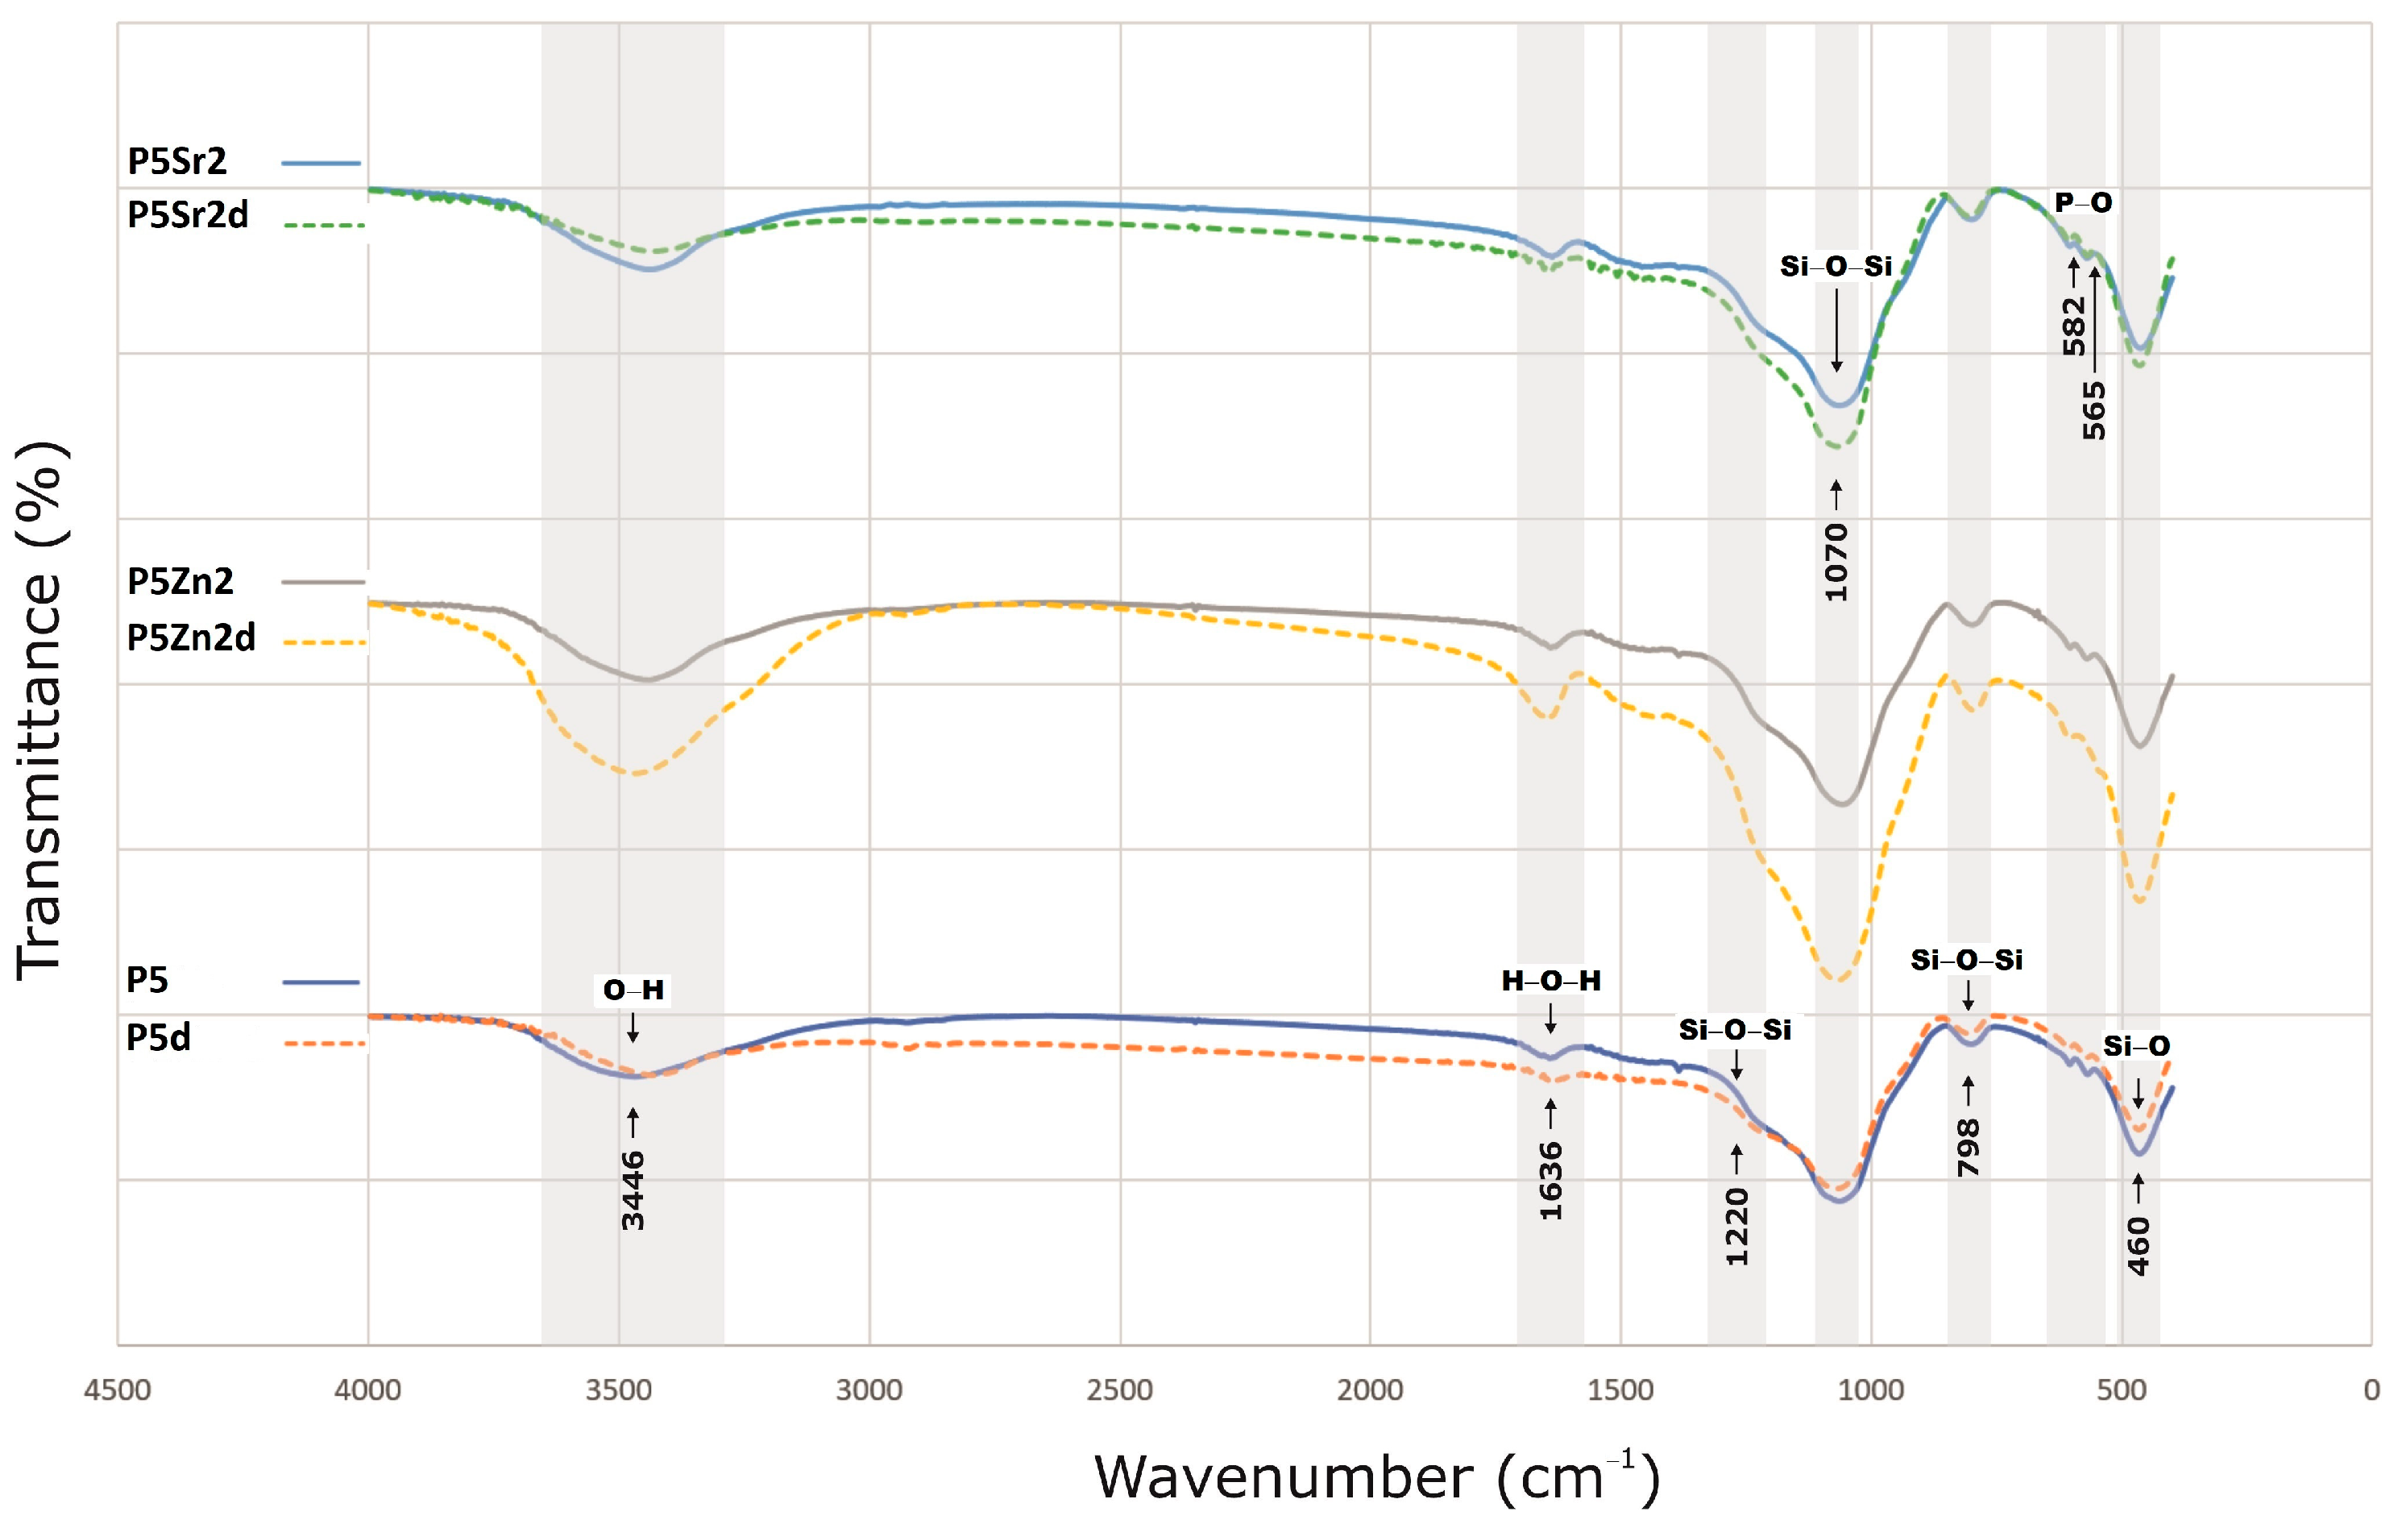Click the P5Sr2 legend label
(177, 161)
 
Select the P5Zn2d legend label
(191, 637)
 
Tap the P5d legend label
(158, 1038)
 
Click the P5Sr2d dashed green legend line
(323, 226)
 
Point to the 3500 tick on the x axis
(618, 1389)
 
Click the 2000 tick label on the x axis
(1370, 1389)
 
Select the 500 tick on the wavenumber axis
(2122, 1389)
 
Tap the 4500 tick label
(118, 1389)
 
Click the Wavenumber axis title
(1377, 1476)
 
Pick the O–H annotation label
(633, 990)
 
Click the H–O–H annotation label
(1551, 981)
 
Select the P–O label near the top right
(2083, 203)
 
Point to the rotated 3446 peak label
(633, 1190)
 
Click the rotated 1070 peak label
(1836, 562)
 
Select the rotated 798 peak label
(1968, 1147)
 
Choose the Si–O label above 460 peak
(2135, 1046)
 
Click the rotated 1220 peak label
(1736, 1226)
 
